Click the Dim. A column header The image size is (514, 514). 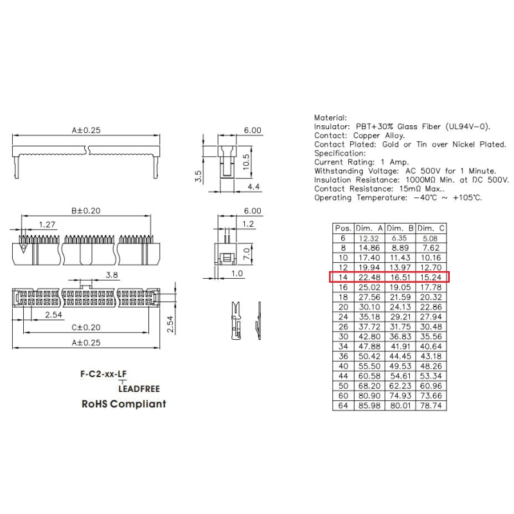pos(369,228)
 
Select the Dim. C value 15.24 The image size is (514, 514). pos(430,278)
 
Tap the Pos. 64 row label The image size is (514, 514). pos(343,405)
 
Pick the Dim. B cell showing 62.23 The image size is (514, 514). pos(400,386)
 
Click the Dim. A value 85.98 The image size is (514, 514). pos(369,405)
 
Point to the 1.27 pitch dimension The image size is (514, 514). pos(47,224)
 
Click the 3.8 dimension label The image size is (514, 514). pos(112,275)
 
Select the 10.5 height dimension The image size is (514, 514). pos(247,162)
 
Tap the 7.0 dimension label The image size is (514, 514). pos(247,254)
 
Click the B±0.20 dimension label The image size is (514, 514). pos(86,211)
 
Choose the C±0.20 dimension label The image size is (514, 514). pos(86,327)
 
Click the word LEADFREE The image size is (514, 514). pos(139,389)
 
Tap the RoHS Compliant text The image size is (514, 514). pos(124,404)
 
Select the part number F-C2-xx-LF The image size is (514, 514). pos(103,374)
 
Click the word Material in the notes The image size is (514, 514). pos(330,118)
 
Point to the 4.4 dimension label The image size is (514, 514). pos(254,186)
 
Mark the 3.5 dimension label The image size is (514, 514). pos(199,176)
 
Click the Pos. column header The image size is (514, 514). pos(343,228)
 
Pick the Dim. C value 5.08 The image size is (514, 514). pos(430,238)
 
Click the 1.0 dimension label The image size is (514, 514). pos(237,274)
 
